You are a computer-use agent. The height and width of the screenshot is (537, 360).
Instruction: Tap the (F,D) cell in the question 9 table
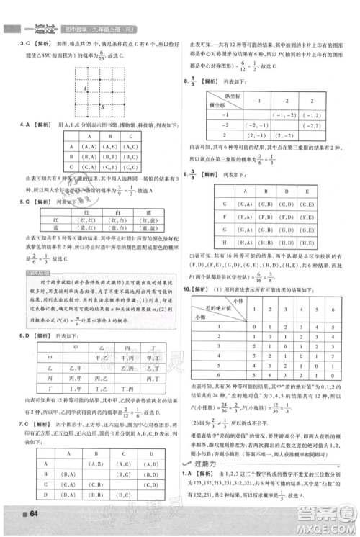click(x=286, y=214)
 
